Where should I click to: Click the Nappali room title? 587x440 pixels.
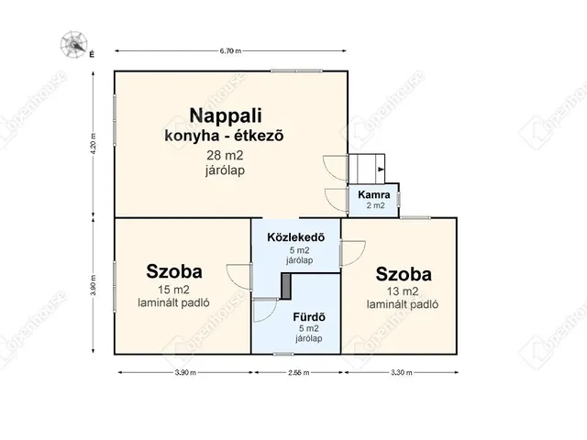tap(227, 115)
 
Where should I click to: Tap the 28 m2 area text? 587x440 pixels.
tap(226, 155)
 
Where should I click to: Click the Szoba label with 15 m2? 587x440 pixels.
tap(174, 271)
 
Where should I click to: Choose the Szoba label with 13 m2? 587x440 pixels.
tap(404, 274)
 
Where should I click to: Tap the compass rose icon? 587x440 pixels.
tap(72, 42)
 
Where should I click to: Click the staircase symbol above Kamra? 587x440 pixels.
tap(368, 169)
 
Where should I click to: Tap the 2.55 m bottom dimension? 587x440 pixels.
tap(295, 373)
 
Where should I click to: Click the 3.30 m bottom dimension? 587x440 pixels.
tap(399, 373)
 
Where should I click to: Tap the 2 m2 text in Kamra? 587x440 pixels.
tap(376, 205)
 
